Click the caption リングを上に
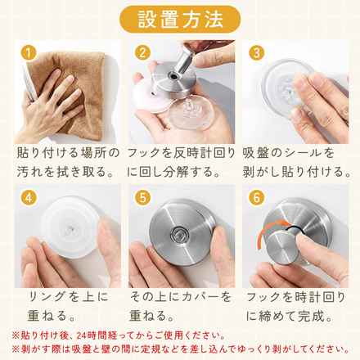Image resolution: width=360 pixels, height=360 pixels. pyautogui.click(x=65, y=295)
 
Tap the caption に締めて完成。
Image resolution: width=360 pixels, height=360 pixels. pyautogui.click(x=290, y=315)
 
